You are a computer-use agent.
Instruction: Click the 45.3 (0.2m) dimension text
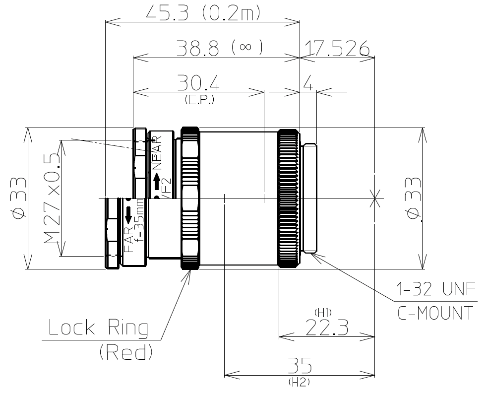203,12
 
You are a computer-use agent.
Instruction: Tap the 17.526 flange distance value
337,49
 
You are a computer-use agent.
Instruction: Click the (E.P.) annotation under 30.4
199,100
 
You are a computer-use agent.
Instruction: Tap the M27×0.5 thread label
50,198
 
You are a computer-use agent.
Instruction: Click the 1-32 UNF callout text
435,289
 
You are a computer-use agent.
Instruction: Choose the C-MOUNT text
435,314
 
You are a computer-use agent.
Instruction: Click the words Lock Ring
98,328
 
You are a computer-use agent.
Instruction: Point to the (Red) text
125,352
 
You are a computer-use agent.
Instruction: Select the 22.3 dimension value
326,328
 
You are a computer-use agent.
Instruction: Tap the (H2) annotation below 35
299,383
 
